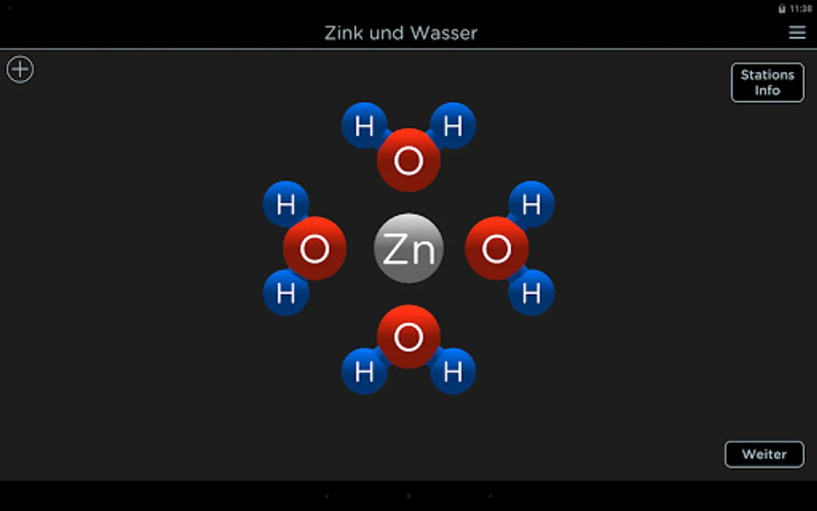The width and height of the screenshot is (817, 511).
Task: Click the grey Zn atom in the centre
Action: [x=408, y=248]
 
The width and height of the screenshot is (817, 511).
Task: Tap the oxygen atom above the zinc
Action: [x=408, y=160]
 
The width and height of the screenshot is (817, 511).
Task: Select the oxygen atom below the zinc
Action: [x=408, y=337]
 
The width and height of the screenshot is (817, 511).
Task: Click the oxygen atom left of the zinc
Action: [x=314, y=248]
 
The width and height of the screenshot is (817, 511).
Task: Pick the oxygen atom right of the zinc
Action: [x=497, y=248]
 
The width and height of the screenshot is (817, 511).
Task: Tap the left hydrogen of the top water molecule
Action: [x=364, y=125]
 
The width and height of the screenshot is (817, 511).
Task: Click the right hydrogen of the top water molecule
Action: [x=453, y=125]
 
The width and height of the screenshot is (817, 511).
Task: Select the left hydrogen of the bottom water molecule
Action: [x=364, y=372]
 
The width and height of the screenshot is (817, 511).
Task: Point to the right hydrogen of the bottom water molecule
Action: [x=453, y=372]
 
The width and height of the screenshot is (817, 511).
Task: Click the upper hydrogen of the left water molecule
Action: [x=286, y=204]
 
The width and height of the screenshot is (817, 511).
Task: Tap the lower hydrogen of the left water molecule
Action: [x=286, y=293]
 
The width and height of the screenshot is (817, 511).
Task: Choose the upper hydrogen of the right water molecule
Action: [x=531, y=204]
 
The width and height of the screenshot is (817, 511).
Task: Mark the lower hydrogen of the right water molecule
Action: [x=531, y=293]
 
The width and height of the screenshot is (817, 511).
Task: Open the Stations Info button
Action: [x=767, y=83]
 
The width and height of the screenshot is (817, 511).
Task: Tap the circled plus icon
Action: [x=20, y=70]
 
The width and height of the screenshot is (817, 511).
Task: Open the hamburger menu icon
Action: [x=797, y=33]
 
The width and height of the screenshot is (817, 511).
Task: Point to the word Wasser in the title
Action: [x=444, y=33]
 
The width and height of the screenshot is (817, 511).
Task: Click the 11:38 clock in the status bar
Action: [x=801, y=9]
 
